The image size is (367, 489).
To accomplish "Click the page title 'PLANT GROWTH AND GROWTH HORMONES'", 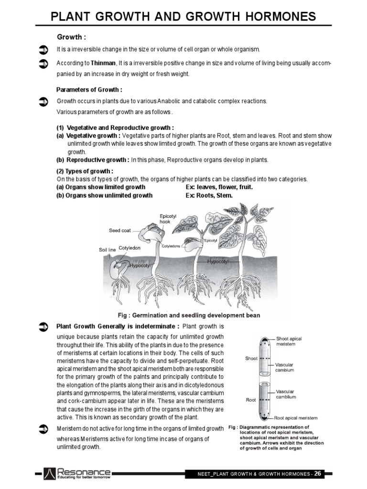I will pyautogui.click(x=183, y=17).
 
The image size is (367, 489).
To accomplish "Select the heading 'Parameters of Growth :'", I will pyautogui.click(x=89, y=90).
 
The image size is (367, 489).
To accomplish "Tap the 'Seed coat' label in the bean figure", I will pyautogui.click(x=119, y=231).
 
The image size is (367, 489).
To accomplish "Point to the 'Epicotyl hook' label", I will pyautogui.click(x=168, y=219).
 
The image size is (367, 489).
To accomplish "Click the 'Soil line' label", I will pyautogui.click(x=107, y=250).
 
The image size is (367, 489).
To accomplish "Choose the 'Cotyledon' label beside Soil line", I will pyautogui.click(x=130, y=248).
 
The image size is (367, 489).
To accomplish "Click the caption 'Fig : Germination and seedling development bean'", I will pyautogui.click(x=189, y=315).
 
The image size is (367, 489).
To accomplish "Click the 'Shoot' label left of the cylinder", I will pyautogui.click(x=251, y=359).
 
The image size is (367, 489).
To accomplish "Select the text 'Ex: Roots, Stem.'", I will pyautogui.click(x=209, y=195).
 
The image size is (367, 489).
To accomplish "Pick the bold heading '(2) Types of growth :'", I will pyautogui.click(x=85, y=171).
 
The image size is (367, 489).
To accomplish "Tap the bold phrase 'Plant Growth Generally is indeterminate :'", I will pyautogui.click(x=118, y=326).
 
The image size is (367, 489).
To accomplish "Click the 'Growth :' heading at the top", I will pyautogui.click(x=72, y=37).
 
